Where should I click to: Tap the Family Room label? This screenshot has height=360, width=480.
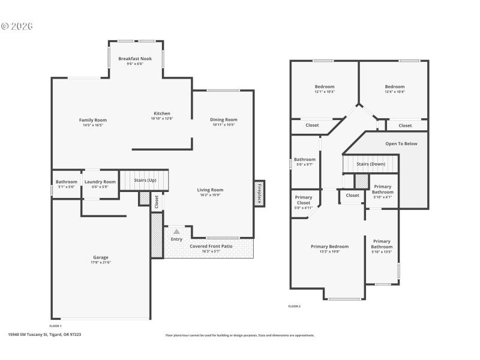pos(93,120)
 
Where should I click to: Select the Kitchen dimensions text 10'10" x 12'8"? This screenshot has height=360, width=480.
pos(162,119)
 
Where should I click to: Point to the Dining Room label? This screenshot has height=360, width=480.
pos(224,119)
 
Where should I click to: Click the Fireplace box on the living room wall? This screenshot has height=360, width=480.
pos(259,194)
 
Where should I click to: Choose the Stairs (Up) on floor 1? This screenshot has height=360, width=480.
pos(145,179)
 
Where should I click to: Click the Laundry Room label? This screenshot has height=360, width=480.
pos(100,182)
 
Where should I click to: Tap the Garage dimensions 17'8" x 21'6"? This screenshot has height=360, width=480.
pos(100,262)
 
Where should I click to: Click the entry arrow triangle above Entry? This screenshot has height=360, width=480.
pos(176,230)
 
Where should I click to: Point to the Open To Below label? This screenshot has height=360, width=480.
pos(401,143)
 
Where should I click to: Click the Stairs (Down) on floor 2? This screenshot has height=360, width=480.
pos(371,164)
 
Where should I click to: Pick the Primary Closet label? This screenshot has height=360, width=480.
pos(304,200)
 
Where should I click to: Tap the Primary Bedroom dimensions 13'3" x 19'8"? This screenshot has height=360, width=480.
pos(329,252)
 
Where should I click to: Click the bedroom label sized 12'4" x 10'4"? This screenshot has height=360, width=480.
pos(394,86)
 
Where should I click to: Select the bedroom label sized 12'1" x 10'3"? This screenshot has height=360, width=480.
pos(325,86)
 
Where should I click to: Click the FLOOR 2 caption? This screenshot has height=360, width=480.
pos(294,306)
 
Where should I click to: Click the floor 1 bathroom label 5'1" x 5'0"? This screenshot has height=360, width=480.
pos(67,182)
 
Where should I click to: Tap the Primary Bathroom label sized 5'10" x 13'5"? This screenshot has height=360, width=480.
pos(382,244)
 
